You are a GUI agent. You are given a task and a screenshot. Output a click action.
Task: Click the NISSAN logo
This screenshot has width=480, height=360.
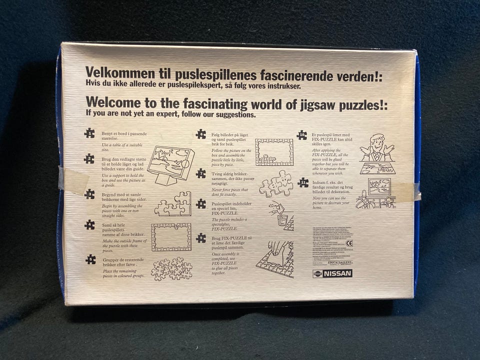coord(332,273)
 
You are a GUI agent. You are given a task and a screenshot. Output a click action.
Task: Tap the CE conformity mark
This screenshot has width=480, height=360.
coord(348,243)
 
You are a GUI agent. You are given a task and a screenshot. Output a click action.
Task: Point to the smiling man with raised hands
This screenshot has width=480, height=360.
coord(377,147)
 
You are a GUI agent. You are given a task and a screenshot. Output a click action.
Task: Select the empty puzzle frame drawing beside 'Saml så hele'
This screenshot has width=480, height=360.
coord(171,236)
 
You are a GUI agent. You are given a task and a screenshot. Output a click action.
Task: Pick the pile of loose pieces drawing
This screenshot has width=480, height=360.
coord(171,268)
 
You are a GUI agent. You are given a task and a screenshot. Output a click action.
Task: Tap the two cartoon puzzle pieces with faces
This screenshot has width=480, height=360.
coord(275,183)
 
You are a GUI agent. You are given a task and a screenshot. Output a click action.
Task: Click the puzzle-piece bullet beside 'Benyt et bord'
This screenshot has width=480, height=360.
coord(89,132)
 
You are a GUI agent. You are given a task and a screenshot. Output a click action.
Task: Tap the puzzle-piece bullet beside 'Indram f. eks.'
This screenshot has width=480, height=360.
coord(303,182)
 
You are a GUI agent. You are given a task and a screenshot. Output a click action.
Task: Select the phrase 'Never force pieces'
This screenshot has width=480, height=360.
coord(229,189)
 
